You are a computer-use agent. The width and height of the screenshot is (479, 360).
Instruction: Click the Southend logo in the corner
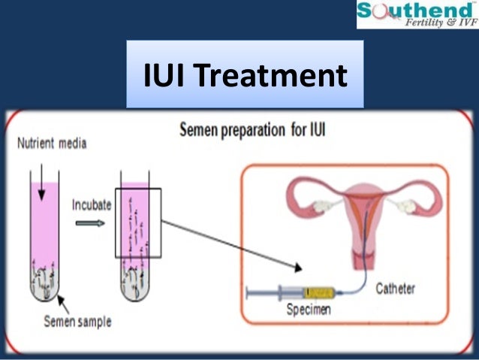pyautogui.click(x=417, y=14)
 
